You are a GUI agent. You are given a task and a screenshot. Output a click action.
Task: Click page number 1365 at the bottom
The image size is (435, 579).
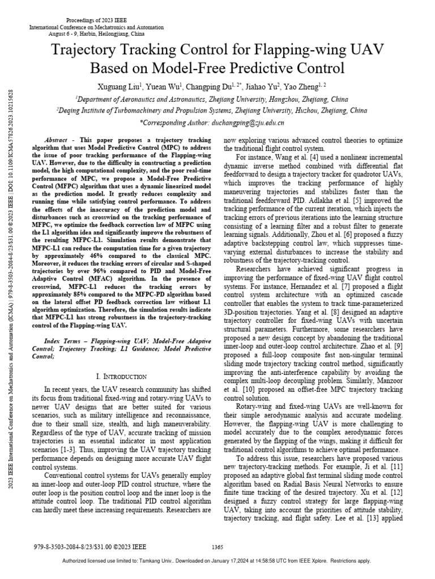point(217,547)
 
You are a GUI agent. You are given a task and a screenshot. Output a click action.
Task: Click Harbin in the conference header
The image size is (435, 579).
point(75,33)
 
